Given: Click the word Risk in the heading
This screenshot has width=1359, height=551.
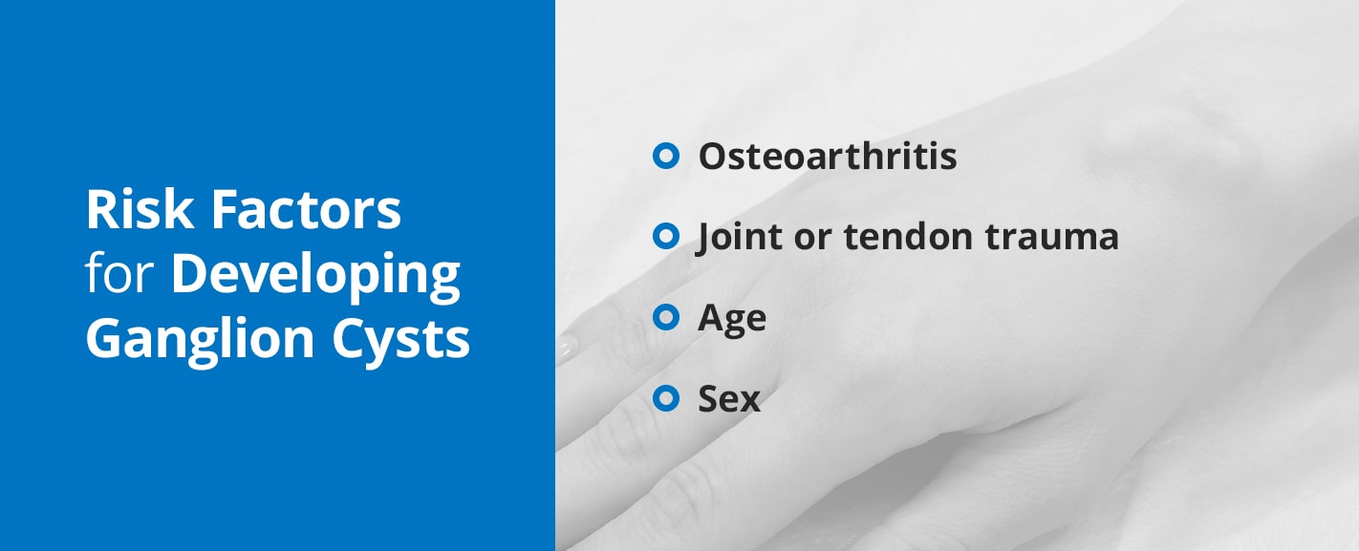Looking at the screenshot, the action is click(x=140, y=209).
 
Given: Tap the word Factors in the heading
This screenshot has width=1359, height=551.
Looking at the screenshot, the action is click(x=306, y=209).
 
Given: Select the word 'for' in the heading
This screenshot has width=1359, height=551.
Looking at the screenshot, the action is click(x=119, y=273).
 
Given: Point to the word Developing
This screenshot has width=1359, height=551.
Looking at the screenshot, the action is click(x=315, y=278).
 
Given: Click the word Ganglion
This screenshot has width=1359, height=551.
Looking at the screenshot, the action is click(x=200, y=341).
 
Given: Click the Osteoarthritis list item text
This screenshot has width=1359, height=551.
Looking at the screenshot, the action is click(x=828, y=156).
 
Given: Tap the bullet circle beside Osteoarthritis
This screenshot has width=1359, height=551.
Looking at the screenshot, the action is click(x=665, y=156).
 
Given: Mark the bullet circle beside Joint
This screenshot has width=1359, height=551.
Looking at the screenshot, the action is click(x=665, y=237).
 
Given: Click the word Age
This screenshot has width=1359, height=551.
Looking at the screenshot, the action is click(x=732, y=319).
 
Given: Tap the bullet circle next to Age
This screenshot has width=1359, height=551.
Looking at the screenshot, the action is click(x=665, y=317).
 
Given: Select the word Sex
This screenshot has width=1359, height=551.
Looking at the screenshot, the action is click(x=729, y=399).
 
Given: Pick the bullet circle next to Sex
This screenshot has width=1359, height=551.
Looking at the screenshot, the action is click(x=665, y=398).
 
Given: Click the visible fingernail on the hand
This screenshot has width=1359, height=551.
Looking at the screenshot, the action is click(x=566, y=349).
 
